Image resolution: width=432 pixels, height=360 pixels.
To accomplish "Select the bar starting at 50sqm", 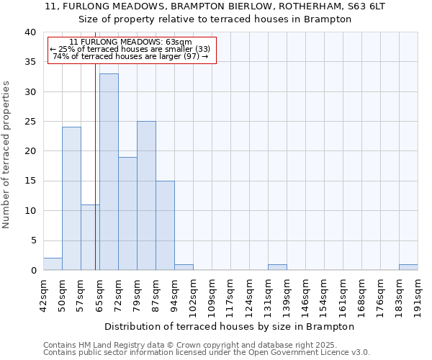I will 71,198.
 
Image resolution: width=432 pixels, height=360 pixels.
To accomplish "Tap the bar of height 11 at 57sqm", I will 90,237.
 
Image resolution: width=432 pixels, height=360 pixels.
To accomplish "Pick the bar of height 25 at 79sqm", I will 146,195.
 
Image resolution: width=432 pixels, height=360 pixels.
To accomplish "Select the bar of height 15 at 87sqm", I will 165,225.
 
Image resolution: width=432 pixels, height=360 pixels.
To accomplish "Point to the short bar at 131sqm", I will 277,267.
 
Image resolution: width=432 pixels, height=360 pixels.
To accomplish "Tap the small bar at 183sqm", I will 408,267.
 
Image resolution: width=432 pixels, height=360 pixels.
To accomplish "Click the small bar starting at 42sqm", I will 53,264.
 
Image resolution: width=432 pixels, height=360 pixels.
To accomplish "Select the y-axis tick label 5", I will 32,240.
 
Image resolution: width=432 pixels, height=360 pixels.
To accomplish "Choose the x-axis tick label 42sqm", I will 43,292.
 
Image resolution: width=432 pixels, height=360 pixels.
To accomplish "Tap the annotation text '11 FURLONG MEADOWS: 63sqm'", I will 131,42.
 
